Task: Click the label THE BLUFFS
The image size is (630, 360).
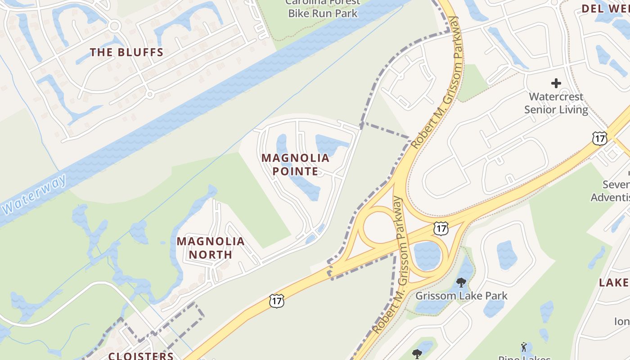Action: (126, 52)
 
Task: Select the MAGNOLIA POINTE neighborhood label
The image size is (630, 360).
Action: (295, 165)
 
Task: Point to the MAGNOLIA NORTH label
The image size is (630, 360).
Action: (211, 248)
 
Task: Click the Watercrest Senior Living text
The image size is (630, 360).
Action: (556, 103)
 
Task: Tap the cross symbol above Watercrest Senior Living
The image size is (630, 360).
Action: (556, 83)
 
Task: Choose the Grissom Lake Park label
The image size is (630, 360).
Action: (461, 296)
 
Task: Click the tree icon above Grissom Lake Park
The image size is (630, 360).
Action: (461, 283)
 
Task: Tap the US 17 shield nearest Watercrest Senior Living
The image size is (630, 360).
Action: (599, 138)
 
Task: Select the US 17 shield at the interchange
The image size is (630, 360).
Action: (441, 228)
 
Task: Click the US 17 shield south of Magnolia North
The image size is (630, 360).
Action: (277, 301)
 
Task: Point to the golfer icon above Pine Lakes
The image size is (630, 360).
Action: (523, 347)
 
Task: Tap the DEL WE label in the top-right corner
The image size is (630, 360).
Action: (605, 9)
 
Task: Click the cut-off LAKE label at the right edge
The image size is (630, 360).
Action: (614, 283)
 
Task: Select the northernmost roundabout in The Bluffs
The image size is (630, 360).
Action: (114, 26)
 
